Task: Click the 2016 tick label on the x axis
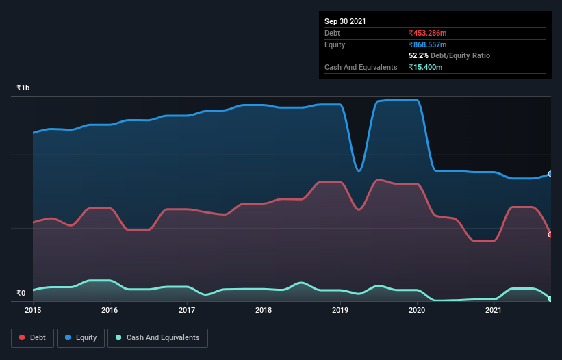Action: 110,310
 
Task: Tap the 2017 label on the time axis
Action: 187,310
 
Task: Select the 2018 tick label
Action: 264,310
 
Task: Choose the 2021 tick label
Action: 494,310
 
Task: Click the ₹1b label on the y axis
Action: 23,88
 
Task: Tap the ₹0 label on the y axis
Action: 21,294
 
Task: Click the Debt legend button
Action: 34,337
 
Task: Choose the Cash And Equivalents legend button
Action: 157,337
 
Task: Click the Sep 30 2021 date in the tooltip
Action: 345,21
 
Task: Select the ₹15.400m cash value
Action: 426,67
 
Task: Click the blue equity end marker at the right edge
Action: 550,174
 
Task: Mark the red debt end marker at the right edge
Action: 550,235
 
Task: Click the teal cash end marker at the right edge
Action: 550,298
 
